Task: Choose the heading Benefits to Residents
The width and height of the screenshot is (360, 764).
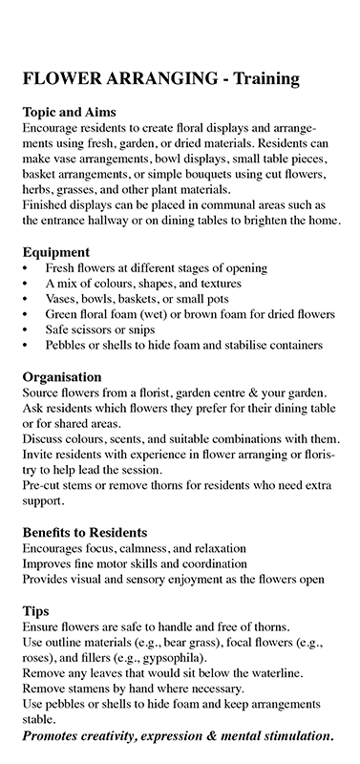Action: pyautogui.click(x=84, y=532)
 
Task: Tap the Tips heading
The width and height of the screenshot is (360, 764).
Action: pyautogui.click(x=36, y=610)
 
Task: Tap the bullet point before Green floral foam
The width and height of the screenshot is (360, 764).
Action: pyautogui.click(x=26, y=314)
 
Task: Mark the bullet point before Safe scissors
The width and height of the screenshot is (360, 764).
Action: pyautogui.click(x=26, y=329)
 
